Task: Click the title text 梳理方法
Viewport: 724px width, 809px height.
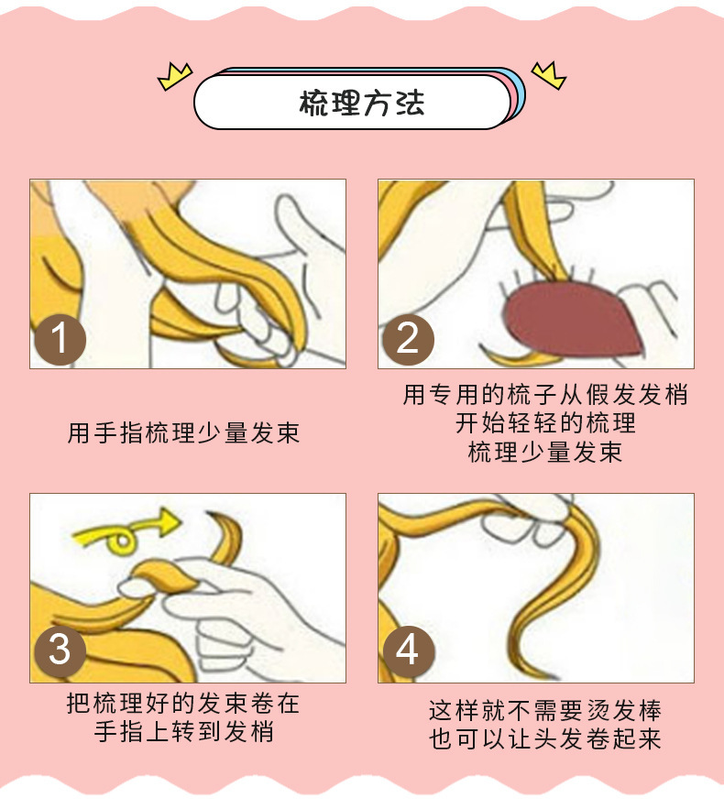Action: point(361,103)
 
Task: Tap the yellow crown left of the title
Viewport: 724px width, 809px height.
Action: point(175,77)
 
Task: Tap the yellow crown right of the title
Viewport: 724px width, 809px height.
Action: point(549,75)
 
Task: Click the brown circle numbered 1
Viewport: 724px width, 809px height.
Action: point(60,340)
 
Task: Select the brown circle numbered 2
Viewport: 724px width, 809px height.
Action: point(408,340)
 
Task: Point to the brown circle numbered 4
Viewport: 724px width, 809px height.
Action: point(408,651)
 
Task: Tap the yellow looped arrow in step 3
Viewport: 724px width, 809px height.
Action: point(126,534)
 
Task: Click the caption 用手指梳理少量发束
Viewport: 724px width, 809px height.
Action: point(183,432)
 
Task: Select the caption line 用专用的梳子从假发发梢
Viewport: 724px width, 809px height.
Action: point(545,395)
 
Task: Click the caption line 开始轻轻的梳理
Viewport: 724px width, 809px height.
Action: point(545,423)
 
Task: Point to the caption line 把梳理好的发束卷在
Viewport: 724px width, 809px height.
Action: point(183,703)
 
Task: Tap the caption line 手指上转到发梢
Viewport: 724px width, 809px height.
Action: point(183,732)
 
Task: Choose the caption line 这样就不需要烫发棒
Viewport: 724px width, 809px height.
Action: point(545,710)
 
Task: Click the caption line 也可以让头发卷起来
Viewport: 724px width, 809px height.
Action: point(545,738)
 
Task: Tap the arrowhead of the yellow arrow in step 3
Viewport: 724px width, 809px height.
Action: point(169,521)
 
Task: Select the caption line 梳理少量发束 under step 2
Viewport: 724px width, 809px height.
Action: point(545,452)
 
